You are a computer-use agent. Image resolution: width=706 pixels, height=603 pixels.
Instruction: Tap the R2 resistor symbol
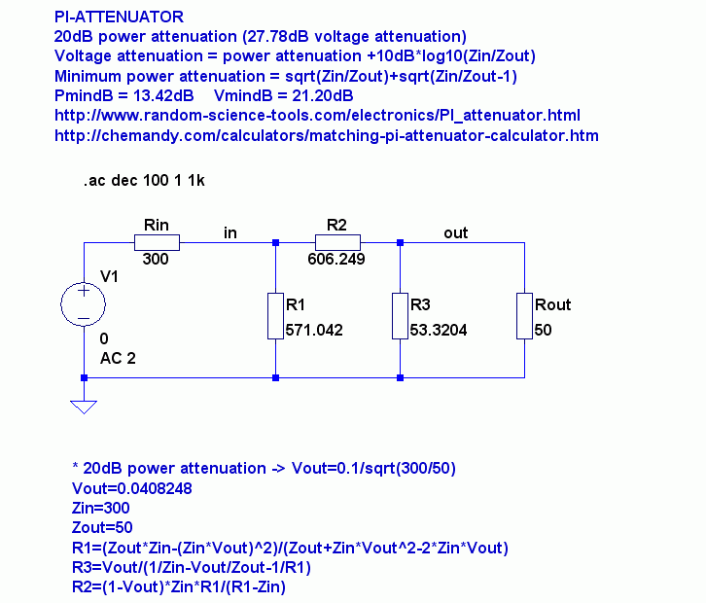point(337,242)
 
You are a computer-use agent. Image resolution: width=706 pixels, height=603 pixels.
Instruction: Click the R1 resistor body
point(276,315)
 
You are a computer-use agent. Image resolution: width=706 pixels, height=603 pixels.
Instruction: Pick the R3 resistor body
point(400,315)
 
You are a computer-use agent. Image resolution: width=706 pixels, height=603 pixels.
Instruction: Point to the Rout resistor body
point(524,315)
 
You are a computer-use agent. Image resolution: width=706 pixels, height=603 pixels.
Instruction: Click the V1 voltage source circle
point(85,304)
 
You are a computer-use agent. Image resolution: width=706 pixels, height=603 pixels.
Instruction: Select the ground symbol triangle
point(85,406)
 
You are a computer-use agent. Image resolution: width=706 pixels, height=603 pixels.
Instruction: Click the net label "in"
point(230,232)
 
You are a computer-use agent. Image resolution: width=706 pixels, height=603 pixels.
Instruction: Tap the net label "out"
point(455,232)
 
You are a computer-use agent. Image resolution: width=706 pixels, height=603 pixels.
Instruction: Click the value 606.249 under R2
point(336,260)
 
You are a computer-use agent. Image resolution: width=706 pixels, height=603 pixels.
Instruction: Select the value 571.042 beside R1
point(314,331)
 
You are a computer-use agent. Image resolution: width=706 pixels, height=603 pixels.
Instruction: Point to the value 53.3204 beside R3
point(439,331)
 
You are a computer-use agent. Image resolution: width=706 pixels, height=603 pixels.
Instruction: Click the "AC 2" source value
point(118,358)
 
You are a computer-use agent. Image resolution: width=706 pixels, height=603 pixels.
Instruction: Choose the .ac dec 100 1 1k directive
point(145,180)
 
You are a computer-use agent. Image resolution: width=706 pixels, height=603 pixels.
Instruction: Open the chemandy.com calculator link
point(327,135)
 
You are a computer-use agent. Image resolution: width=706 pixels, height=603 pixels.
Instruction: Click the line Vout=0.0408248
point(132,488)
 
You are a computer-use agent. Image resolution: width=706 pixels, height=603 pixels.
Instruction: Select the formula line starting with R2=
point(179,586)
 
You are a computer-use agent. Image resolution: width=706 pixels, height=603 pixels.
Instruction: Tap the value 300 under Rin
point(156,260)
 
